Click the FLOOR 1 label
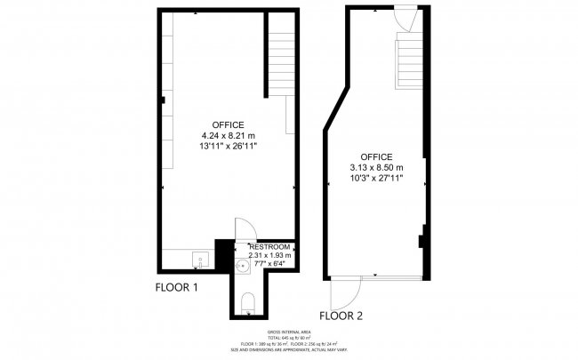tap(177, 288)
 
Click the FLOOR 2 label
tap(341, 315)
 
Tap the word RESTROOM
tap(270, 246)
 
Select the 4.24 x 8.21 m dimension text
tap(229, 134)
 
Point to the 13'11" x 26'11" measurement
tap(229, 145)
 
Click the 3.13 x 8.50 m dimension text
tap(377, 167)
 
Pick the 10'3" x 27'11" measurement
tap(377, 178)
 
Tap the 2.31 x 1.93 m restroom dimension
tap(270, 255)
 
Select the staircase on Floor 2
tap(410, 64)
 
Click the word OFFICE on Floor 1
tap(229, 124)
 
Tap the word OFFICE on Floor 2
tap(377, 156)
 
